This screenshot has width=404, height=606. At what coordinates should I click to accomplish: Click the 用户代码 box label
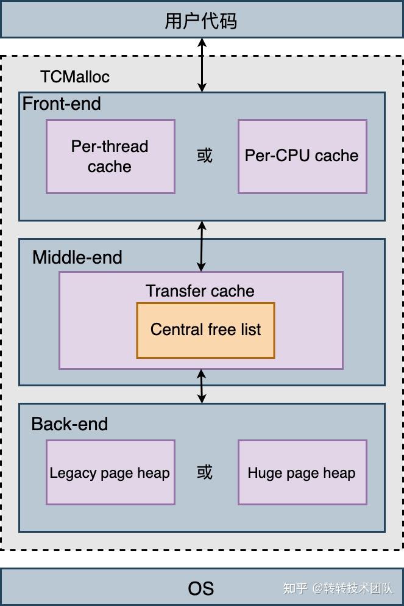pos(200,21)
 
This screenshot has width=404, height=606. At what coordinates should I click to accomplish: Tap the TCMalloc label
pos(75,76)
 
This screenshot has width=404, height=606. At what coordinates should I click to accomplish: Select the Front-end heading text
pos(62,104)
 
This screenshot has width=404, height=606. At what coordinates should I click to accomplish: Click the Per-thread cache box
pos(110,156)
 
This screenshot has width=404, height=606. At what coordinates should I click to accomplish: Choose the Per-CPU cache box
pos(302,156)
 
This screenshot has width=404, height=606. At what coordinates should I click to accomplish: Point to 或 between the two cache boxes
pos(205,156)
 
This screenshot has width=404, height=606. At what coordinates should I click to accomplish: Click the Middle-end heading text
pos(77,258)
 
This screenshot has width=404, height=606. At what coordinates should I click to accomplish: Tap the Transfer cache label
pos(200,291)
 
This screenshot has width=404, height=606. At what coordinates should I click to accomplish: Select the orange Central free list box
pos(205,330)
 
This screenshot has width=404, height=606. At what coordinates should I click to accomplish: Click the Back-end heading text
pos(69,424)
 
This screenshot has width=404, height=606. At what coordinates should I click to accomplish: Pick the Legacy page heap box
pos(110,472)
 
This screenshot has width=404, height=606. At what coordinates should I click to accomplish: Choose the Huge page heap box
pos(302,472)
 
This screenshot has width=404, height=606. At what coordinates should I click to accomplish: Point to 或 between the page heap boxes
pos(205,472)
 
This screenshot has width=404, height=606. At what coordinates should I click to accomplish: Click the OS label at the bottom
pos(200,588)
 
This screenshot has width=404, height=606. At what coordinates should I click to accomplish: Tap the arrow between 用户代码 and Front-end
pos(202,65)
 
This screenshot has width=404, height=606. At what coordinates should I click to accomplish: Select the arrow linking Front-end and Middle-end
pos(202,246)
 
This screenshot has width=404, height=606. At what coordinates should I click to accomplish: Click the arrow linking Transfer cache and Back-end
pos(202,386)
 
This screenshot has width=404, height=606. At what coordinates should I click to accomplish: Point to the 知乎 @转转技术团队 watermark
pos(338,588)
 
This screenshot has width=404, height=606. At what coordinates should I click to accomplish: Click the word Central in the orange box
pos(177,330)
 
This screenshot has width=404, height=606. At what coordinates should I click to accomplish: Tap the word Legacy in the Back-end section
pos(73,473)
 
